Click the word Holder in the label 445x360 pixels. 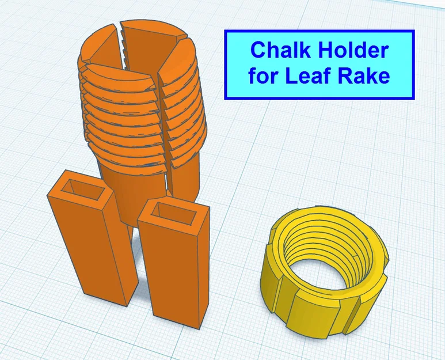pyautogui.click(x=353, y=50)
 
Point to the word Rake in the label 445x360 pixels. pyautogui.click(x=364, y=75)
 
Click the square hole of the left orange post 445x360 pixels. pyautogui.click(x=85, y=189)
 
